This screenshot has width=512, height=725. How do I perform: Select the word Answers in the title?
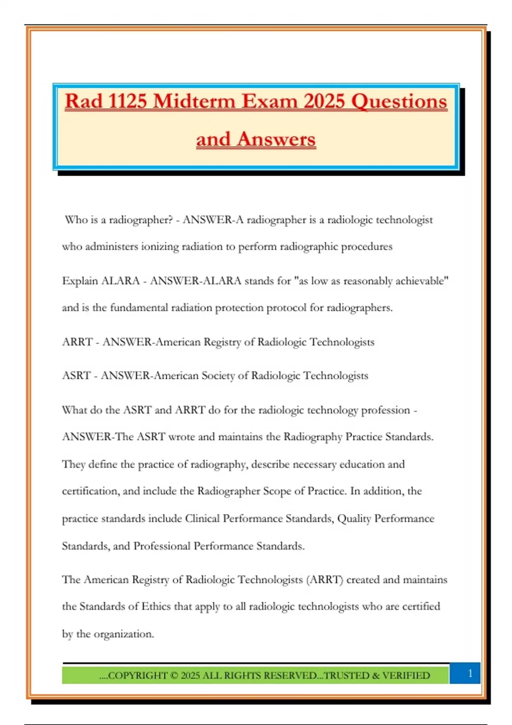276,139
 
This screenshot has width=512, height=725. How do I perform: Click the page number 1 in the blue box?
470,673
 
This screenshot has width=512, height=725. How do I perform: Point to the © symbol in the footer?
174,676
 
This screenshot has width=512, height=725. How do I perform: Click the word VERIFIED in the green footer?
406,676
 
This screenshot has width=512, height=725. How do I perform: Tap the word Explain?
80,281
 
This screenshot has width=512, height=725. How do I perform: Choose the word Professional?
162,546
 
